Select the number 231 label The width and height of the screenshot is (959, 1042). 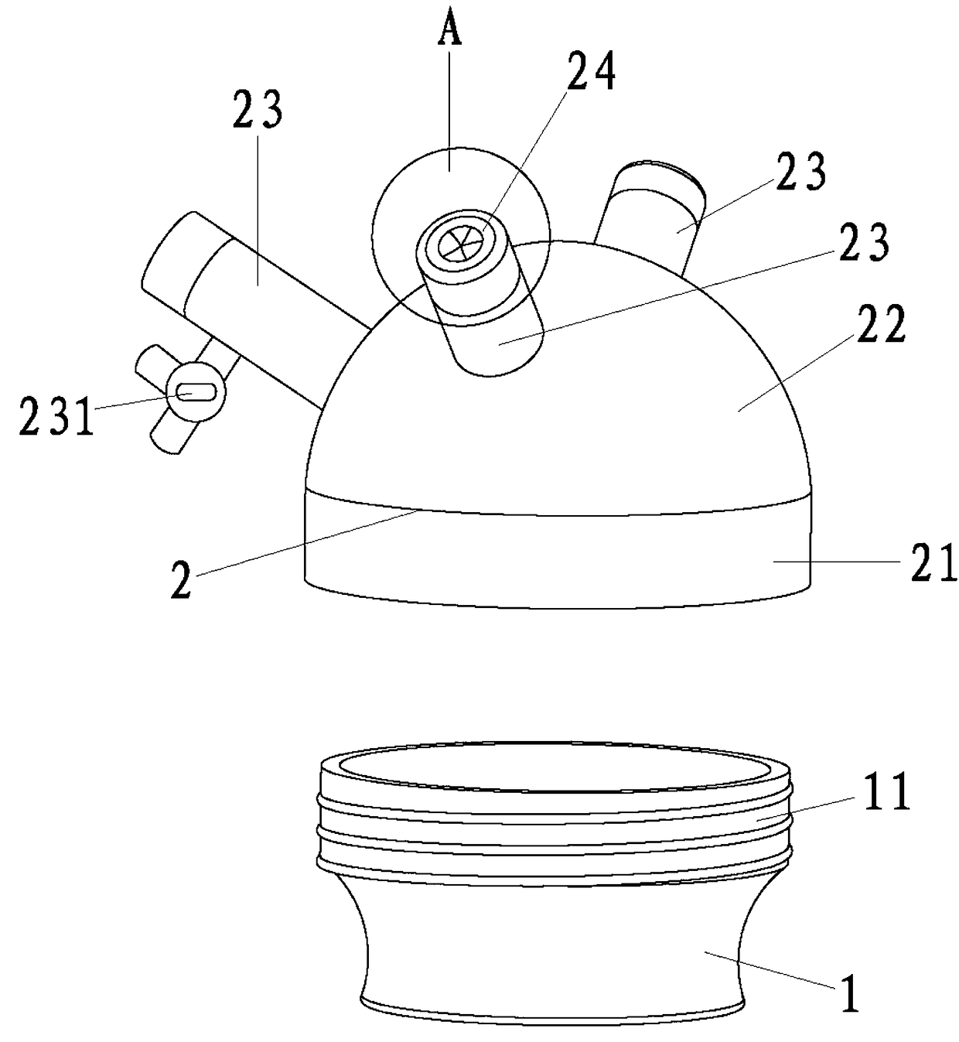56,419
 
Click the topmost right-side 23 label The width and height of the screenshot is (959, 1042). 800,173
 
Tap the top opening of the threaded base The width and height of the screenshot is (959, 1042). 555,770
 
